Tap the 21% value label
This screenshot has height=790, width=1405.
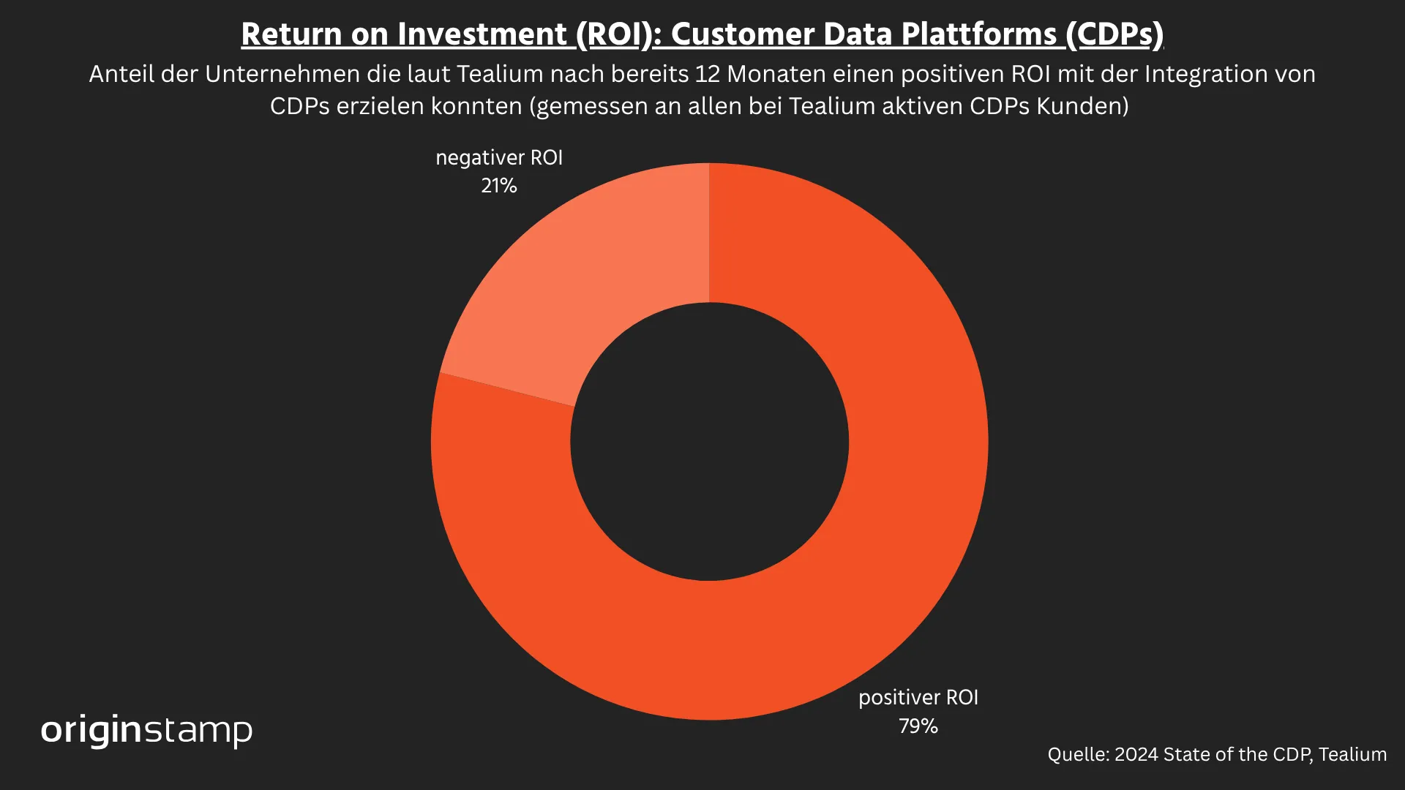click(x=499, y=186)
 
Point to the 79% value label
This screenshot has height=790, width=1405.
click(x=918, y=726)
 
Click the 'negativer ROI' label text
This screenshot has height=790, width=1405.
click(x=499, y=157)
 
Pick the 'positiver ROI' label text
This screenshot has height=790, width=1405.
click(x=918, y=697)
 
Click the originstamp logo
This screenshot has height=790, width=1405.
click(x=146, y=730)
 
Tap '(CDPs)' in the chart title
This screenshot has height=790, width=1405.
click(x=1114, y=34)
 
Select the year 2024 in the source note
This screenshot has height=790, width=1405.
click(x=1136, y=754)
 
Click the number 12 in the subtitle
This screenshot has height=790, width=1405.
click(x=708, y=74)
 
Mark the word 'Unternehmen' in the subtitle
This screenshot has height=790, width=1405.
click(x=282, y=74)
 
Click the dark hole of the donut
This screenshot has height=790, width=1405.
click(x=709, y=442)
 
